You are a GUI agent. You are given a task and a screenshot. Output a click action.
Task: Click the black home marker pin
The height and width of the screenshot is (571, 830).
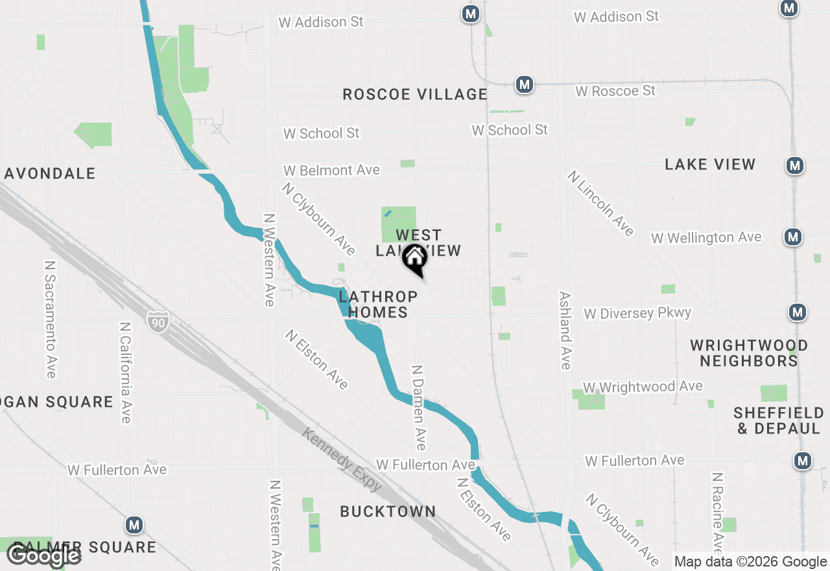click(x=415, y=259)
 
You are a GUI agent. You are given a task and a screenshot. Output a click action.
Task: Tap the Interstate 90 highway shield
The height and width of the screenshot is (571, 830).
click(x=158, y=321)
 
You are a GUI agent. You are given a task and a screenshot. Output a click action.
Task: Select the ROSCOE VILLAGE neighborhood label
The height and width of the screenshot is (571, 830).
click(x=415, y=94)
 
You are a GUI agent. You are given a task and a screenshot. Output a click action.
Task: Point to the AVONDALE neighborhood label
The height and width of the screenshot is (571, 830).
click(x=50, y=173)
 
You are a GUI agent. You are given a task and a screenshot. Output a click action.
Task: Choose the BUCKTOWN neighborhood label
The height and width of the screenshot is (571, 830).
click(x=388, y=511)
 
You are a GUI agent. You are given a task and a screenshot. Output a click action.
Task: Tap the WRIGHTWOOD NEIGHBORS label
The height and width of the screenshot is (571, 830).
click(x=749, y=353)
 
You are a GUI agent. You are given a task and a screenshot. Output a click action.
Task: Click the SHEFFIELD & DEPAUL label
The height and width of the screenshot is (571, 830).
click(x=779, y=420)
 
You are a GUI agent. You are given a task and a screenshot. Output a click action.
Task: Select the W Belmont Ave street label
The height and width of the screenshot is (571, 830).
click(x=331, y=170)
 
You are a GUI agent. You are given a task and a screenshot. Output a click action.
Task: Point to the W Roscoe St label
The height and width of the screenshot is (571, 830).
click(x=615, y=91)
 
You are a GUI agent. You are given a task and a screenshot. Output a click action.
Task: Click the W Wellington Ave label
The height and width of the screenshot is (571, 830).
click(x=706, y=237)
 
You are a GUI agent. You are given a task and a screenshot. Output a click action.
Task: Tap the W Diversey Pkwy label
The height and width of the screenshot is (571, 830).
click(x=637, y=313)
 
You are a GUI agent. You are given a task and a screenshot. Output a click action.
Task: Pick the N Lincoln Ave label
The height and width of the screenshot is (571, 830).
click(x=600, y=203)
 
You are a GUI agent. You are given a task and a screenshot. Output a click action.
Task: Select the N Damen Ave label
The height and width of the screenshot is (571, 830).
click(x=419, y=407)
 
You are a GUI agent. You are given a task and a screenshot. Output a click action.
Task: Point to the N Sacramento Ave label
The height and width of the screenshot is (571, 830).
click(x=51, y=319)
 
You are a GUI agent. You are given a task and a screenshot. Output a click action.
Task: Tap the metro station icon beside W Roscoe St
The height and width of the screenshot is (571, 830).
click(x=525, y=84)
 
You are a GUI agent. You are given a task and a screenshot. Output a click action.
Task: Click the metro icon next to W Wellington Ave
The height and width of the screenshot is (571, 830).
click(x=792, y=237)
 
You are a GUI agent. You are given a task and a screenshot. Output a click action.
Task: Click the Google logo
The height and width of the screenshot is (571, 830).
click(x=43, y=556)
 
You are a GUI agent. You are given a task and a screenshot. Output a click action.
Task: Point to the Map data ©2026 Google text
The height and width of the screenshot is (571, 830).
click(x=750, y=562)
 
